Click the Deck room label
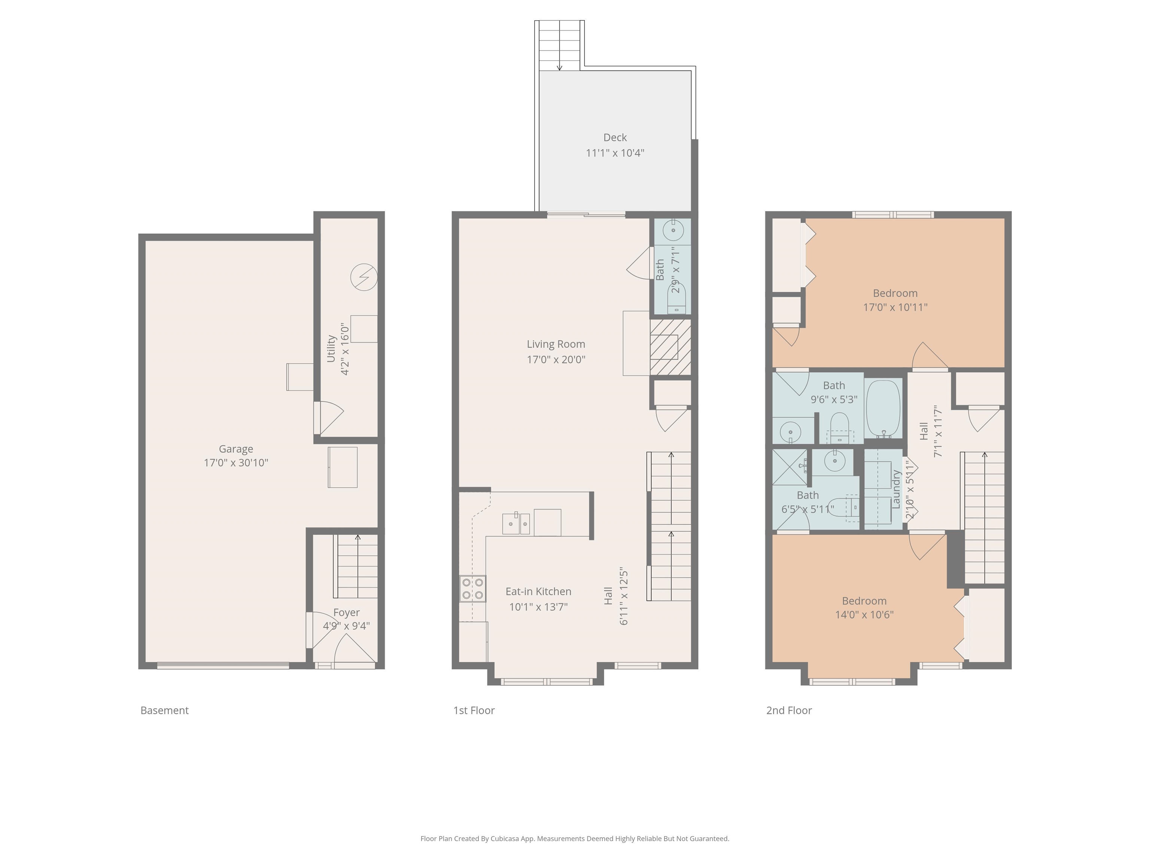pyautogui.click(x=615, y=138)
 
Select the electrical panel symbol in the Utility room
pyautogui.click(x=363, y=277)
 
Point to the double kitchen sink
pyautogui.click(x=516, y=523)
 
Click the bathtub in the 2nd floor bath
pyautogui.click(x=883, y=409)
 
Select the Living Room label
pyautogui.click(x=556, y=344)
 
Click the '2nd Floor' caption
pyautogui.click(x=789, y=710)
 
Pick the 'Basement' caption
pyautogui.click(x=164, y=710)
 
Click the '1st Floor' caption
pyautogui.click(x=474, y=710)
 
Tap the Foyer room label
pyautogui.click(x=346, y=612)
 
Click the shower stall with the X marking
pyautogui.click(x=789, y=466)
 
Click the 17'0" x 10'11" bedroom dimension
pyautogui.click(x=895, y=307)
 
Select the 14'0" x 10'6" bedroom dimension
pyautogui.click(x=864, y=615)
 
